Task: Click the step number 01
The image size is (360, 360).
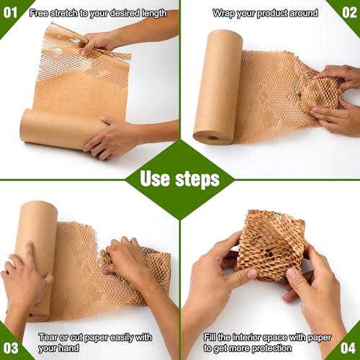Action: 10,13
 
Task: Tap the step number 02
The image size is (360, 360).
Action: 349,13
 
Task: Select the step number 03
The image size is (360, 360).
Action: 11,348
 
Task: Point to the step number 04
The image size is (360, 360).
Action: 348,348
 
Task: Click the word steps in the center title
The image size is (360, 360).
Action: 197,179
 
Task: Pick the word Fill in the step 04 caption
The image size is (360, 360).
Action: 210,337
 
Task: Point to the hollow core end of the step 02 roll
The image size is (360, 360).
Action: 212,138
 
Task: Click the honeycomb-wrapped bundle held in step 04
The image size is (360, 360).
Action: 271,246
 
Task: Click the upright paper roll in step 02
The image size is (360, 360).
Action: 217,88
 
